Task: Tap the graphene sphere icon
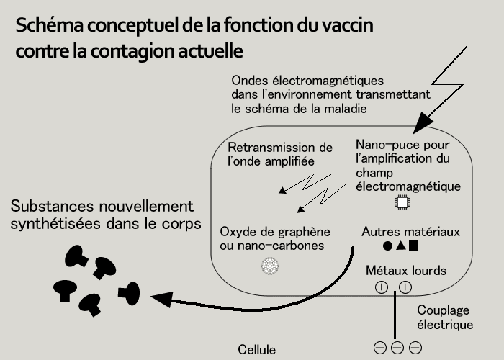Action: (269, 266)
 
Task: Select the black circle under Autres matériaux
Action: (387, 246)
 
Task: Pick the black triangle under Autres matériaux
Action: (400, 246)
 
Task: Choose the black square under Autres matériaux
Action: (413, 246)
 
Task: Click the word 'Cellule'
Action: (257, 350)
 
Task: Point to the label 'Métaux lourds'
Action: (406, 271)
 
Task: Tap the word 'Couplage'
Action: (444, 310)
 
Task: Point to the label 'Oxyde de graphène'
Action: (274, 232)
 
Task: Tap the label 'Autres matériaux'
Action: (410, 232)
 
